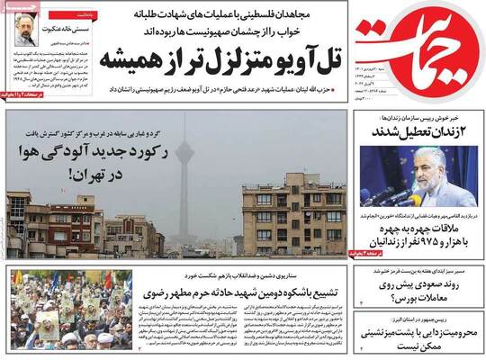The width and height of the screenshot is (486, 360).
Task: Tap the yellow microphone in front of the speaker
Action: [x=409, y=201]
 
